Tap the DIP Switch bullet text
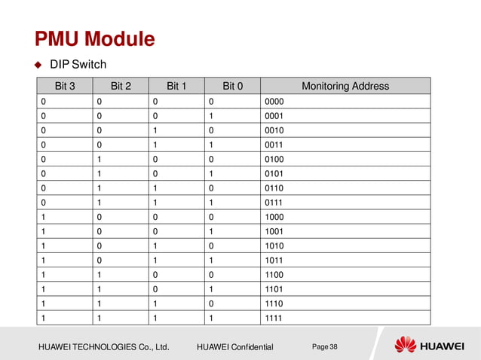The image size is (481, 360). tap(89, 65)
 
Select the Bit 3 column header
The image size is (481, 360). tap(66, 86)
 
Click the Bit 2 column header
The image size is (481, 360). tap(121, 86)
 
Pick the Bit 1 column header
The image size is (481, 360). tap(176, 86)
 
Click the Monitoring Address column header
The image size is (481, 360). tap(345, 86)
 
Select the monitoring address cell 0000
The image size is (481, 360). tap(273, 100)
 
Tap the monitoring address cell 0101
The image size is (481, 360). tap(273, 173)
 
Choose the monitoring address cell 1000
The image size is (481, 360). tap(273, 217)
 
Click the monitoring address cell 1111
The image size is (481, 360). tap(273, 319)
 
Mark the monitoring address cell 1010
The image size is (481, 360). tap(273, 246)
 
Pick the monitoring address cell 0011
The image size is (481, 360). tap(273, 144)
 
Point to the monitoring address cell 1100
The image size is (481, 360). tap(273, 276)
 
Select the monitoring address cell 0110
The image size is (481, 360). tap(273, 188)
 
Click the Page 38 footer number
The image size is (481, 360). tap(325, 346)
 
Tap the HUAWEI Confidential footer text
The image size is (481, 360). tap(234, 346)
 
